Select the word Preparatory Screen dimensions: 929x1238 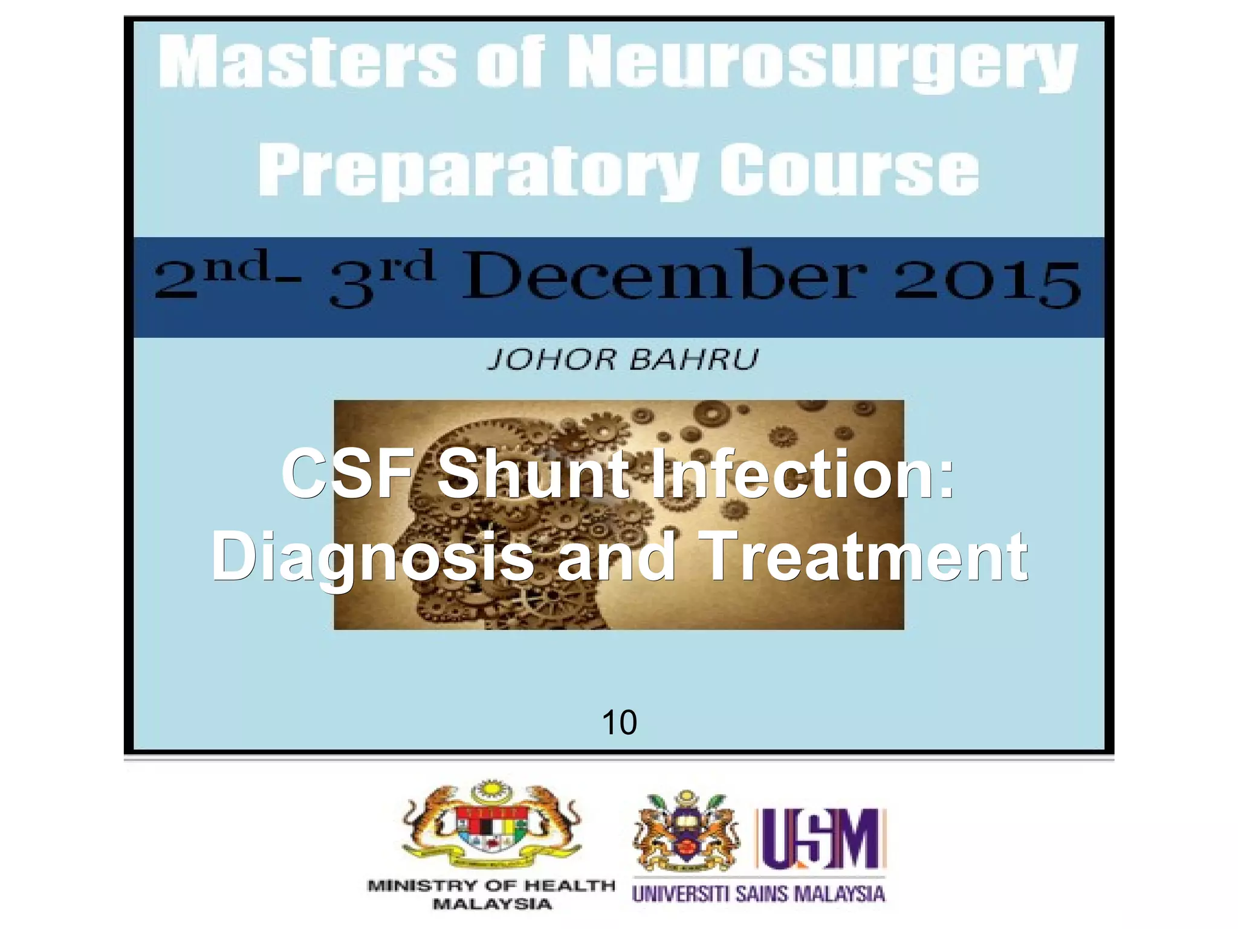click(478, 171)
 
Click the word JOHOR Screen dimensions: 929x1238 click(551, 360)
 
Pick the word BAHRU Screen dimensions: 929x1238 click(694, 360)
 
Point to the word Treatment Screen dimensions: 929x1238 click(866, 555)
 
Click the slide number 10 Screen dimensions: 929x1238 click(619, 722)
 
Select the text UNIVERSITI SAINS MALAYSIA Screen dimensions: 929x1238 click(758, 894)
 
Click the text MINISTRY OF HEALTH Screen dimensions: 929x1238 click(491, 886)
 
